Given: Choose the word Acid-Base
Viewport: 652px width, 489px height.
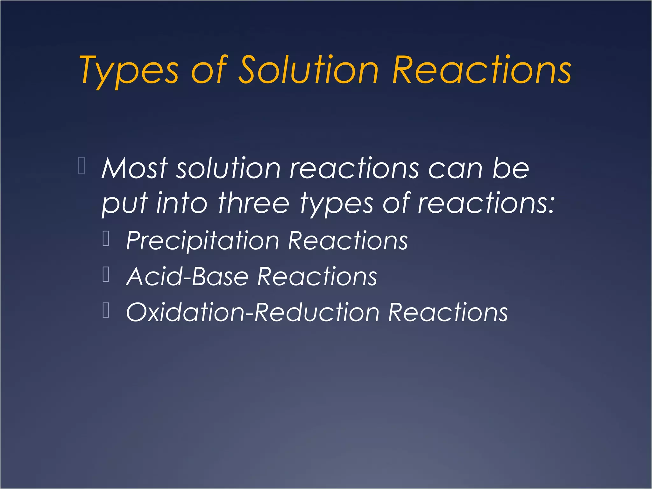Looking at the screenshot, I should coord(187,276).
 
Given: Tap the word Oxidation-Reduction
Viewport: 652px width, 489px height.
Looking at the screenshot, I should coord(253,312).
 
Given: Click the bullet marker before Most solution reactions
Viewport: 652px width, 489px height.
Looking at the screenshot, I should coord(81,166).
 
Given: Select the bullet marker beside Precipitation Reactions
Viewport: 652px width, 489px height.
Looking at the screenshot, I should coord(106,238).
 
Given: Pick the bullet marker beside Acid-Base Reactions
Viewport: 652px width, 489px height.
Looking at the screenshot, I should coord(106,274).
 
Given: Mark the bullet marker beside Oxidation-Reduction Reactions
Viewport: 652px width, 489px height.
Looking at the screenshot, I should coord(106,310).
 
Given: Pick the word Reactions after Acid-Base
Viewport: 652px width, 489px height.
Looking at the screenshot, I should coord(317,276).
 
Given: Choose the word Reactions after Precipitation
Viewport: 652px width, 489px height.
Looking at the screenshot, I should coord(348,241).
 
